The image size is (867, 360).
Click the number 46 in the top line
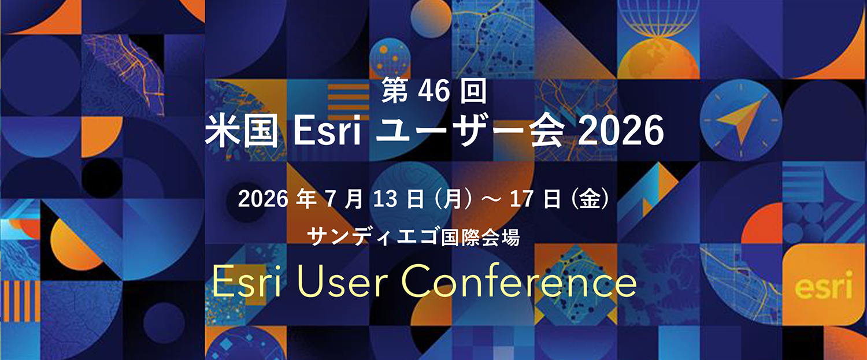435,92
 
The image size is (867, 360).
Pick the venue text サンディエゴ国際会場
415,237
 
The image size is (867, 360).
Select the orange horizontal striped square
349,100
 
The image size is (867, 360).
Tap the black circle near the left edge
102,178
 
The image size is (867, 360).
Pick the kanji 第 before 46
393,92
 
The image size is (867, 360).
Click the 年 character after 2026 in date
304,201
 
